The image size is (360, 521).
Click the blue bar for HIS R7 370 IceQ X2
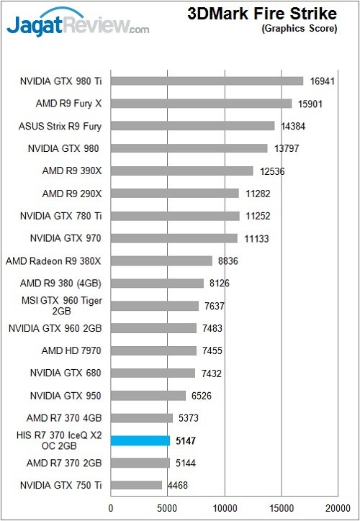140,440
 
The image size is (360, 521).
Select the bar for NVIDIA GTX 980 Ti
207,81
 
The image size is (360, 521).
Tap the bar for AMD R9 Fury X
202,104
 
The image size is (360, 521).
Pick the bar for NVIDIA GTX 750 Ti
137,486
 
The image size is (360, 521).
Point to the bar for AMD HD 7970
153,350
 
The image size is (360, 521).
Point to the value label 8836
228,261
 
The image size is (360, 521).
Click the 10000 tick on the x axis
225,508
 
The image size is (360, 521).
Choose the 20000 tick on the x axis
337,508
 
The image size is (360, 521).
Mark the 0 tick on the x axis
111,508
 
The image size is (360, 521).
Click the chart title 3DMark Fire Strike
262,14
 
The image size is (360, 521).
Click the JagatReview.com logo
78,24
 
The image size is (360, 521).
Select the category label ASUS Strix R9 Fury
60,126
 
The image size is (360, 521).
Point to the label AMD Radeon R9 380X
54,261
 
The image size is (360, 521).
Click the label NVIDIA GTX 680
66,373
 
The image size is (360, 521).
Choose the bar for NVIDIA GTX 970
174,238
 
